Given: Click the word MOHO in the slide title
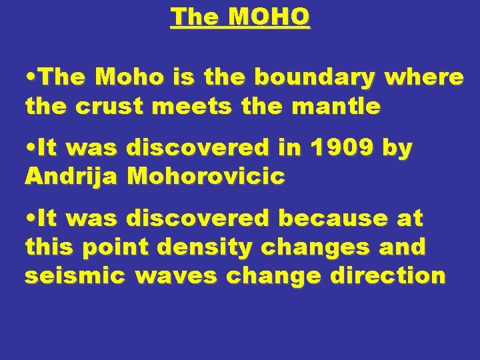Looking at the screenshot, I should pyautogui.click(x=269, y=17).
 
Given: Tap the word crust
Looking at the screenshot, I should pyautogui.click(x=105, y=106).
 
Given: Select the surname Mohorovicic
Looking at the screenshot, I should pyautogui.click(x=206, y=177).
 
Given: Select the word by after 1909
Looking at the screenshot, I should pyautogui.click(x=397, y=149).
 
